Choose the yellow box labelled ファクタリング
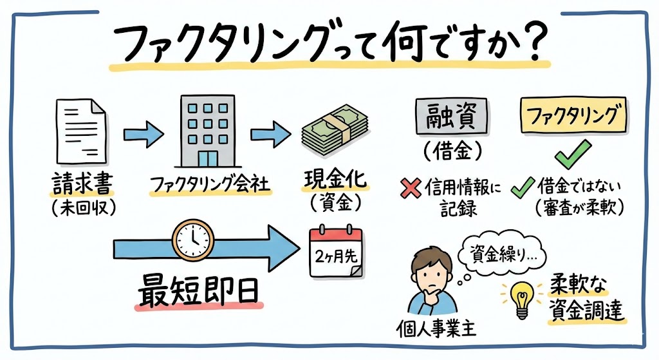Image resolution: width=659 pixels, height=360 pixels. pyautogui.click(x=571, y=117)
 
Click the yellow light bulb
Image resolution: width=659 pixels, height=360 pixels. pyautogui.click(x=519, y=297)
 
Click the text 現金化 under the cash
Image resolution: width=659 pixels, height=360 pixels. pyautogui.click(x=334, y=181)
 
